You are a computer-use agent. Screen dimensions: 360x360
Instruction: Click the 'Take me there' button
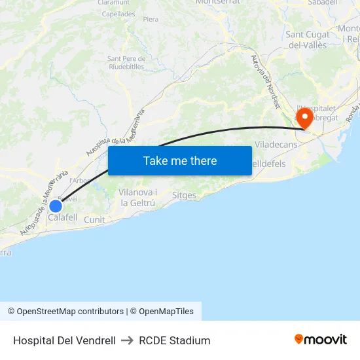(180, 160)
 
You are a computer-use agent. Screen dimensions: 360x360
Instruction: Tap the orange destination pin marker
(304, 118)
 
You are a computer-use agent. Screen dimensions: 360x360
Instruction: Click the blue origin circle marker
(56, 206)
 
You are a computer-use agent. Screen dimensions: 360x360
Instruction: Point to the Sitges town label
(184, 195)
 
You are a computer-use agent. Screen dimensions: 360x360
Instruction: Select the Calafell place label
(63, 217)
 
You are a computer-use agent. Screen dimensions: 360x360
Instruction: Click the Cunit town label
(94, 220)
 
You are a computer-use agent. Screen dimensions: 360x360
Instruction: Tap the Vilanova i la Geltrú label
(138, 197)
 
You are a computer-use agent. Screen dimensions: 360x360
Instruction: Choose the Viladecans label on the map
(276, 144)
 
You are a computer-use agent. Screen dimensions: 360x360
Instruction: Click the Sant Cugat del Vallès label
(307, 40)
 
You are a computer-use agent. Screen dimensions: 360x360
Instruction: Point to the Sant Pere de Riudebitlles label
(126, 62)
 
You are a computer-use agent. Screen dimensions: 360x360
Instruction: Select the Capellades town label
(118, 14)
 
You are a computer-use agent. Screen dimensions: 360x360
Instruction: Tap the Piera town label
(151, 20)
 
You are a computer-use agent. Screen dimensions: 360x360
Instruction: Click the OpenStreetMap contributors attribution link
(70, 312)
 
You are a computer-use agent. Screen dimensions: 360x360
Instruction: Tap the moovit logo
(321, 339)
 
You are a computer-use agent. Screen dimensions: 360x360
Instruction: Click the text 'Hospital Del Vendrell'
(64, 340)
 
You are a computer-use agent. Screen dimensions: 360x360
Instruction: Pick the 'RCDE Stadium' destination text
(174, 340)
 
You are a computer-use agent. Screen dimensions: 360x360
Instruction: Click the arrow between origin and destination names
(127, 340)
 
